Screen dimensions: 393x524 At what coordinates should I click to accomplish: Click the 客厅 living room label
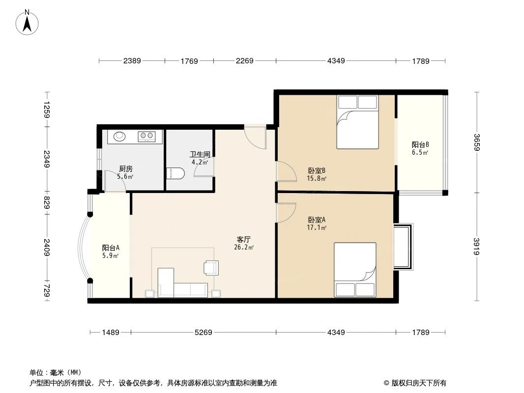(x=244, y=240)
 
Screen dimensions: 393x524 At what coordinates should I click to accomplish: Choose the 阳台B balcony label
(x=420, y=144)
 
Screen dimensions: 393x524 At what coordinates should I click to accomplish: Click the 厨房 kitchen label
(x=126, y=168)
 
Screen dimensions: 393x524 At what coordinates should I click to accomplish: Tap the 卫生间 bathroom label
(x=200, y=154)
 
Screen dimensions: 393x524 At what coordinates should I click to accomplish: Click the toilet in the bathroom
(x=175, y=172)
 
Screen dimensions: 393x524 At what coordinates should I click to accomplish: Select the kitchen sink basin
(x=120, y=136)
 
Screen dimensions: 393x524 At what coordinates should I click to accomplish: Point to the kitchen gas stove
(x=146, y=136)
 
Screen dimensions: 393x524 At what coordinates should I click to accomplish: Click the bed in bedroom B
(x=357, y=122)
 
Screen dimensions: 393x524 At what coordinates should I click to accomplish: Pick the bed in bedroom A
(x=355, y=270)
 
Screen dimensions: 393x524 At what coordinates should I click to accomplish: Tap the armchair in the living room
(x=210, y=267)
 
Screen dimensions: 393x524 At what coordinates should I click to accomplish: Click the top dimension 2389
(x=132, y=61)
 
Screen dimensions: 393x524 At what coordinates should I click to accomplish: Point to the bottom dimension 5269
(x=203, y=333)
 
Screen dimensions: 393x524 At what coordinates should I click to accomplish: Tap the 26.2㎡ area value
(x=244, y=248)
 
